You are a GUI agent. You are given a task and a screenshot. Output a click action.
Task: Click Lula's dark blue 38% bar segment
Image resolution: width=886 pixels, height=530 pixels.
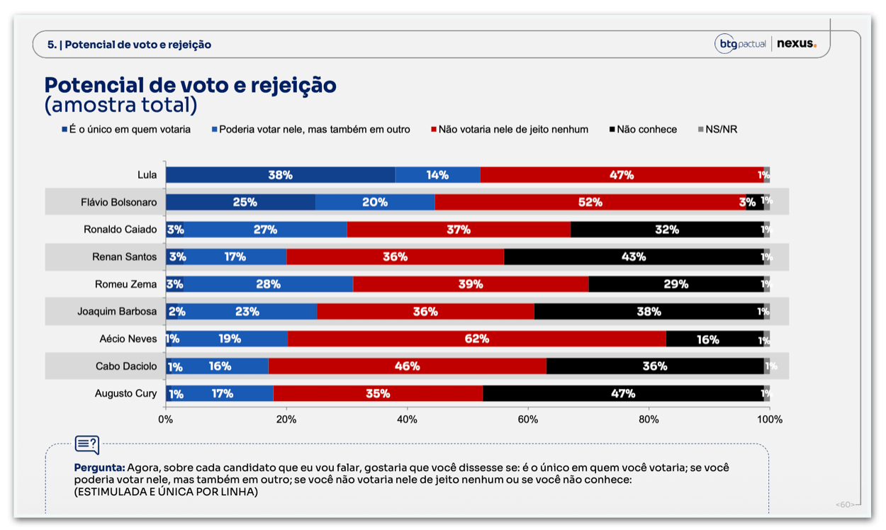[281, 175]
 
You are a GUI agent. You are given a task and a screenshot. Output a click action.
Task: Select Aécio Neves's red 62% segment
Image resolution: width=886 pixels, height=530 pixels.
[477, 339]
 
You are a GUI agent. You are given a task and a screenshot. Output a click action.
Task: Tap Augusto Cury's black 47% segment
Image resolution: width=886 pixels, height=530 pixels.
[623, 393]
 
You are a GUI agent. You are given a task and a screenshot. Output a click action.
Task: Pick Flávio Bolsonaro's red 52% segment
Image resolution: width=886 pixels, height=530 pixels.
[590, 202]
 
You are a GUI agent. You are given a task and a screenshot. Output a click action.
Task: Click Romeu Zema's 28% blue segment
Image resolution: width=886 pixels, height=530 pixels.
[268, 284]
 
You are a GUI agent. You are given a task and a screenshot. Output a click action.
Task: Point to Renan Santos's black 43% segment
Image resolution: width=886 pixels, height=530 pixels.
[634, 256]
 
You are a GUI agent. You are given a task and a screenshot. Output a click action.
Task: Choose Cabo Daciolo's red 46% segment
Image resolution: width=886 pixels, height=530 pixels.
[408, 366]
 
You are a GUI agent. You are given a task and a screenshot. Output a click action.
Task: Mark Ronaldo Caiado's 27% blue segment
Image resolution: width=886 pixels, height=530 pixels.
[265, 230]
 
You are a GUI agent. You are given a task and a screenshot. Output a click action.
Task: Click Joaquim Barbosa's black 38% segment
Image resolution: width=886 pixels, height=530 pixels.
[649, 312]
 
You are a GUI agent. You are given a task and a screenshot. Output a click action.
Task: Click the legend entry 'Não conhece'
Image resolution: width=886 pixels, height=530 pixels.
[643, 130]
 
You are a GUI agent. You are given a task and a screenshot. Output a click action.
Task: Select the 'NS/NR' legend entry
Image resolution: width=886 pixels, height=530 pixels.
[718, 130]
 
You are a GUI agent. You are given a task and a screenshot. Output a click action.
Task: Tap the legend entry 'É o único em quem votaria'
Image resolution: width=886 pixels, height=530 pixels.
[126, 130]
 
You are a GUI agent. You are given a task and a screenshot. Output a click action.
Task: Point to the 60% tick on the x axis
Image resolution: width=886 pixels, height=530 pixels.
[528, 419]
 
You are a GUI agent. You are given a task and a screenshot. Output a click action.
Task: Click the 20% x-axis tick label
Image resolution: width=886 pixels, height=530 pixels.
[286, 419]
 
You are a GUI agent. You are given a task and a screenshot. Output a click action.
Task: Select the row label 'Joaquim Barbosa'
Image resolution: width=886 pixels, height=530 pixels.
[117, 312]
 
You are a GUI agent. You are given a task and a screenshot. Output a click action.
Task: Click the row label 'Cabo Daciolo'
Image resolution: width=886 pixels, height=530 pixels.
[126, 366]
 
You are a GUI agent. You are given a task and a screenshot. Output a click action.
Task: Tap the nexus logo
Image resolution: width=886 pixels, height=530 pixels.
[797, 43]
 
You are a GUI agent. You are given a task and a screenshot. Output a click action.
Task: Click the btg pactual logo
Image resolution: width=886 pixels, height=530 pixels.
[741, 43]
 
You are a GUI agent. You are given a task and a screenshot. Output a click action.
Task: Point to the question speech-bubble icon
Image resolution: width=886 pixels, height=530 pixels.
[87, 445]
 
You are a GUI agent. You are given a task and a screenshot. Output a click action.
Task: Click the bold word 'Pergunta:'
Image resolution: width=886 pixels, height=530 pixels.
[100, 468]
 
